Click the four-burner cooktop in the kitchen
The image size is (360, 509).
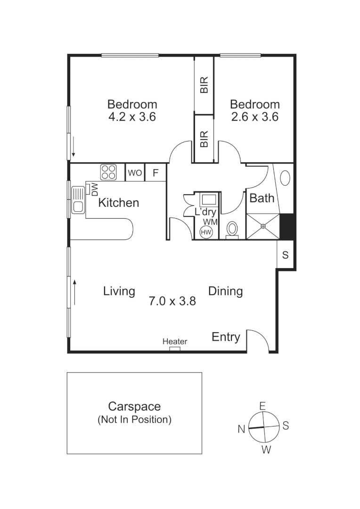(108, 172)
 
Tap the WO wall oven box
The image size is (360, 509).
(135, 173)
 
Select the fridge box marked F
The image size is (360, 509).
(155, 173)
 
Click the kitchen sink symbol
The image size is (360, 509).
(78, 199)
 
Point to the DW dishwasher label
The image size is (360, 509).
(94, 190)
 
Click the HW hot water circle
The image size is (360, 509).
(206, 232)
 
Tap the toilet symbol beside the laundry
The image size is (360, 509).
(232, 229)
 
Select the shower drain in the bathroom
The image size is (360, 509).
(263, 226)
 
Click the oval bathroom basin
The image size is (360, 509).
(285, 178)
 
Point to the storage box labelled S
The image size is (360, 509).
(285, 255)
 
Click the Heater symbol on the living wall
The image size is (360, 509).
(175, 348)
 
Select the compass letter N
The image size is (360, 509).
(241, 429)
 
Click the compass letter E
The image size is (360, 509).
(263, 406)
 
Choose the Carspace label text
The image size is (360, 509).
(134, 406)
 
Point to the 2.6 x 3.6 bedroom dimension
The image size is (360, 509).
(254, 117)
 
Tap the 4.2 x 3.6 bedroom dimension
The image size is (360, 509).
(132, 117)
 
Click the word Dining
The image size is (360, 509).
(226, 291)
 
